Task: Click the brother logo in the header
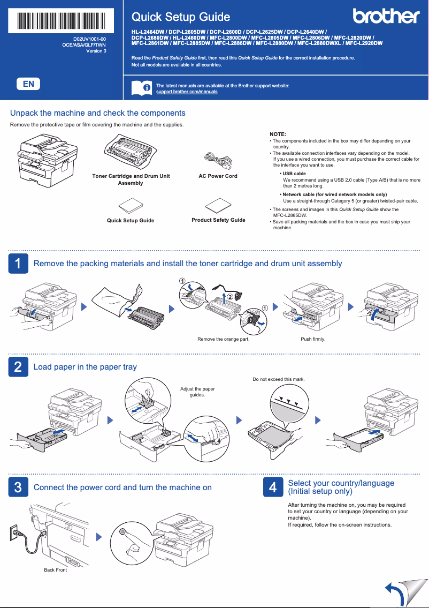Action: pyautogui.click(x=386, y=17)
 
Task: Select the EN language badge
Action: pyautogui.click(x=28, y=84)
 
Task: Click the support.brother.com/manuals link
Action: pyautogui.click(x=187, y=92)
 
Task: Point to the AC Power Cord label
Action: pyautogui.click(x=218, y=176)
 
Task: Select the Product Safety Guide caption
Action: pyautogui.click(x=218, y=220)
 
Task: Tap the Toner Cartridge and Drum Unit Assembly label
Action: pyautogui.click(x=131, y=179)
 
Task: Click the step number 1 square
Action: pyautogui.click(x=18, y=264)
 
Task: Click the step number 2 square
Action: pyautogui.click(x=18, y=367)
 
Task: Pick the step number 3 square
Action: pyautogui.click(x=18, y=487)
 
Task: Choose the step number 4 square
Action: pyautogui.click(x=273, y=487)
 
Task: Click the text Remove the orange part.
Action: pyautogui.click(x=223, y=339)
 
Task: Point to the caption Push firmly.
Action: pyautogui.click(x=313, y=339)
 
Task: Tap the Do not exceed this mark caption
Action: pyautogui.click(x=279, y=379)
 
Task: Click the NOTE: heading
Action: pyautogui.click(x=278, y=133)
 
